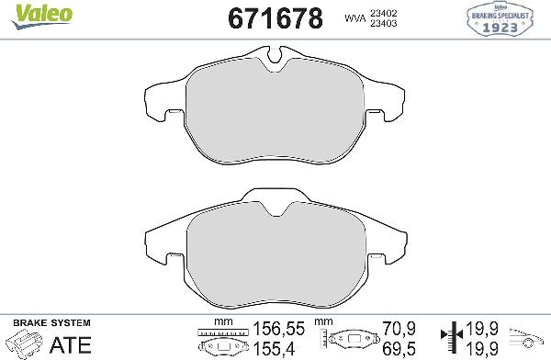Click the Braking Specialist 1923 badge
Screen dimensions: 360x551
508,17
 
